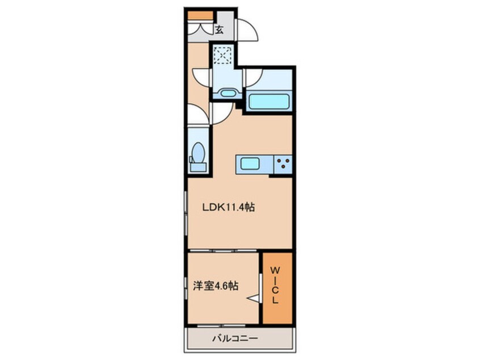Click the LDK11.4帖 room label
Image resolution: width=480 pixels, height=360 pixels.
(228, 207)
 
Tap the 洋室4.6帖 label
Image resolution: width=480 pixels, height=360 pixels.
(216, 286)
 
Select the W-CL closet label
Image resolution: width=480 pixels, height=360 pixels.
(275, 285)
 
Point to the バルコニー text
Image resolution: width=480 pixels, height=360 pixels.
(235, 338)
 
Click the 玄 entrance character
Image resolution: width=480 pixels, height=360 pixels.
(219, 30)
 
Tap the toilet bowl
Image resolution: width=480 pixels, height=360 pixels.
(199, 153)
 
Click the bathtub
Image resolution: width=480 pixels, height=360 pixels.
(270, 102)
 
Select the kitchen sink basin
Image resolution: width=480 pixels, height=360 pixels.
(250, 164)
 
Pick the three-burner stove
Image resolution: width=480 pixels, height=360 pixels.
(283, 164)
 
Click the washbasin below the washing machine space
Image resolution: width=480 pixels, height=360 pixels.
(227, 93)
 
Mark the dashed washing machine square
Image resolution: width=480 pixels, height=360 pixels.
(222, 55)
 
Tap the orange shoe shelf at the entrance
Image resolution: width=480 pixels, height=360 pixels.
(200, 15)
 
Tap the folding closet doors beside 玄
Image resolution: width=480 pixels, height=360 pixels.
(200, 29)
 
